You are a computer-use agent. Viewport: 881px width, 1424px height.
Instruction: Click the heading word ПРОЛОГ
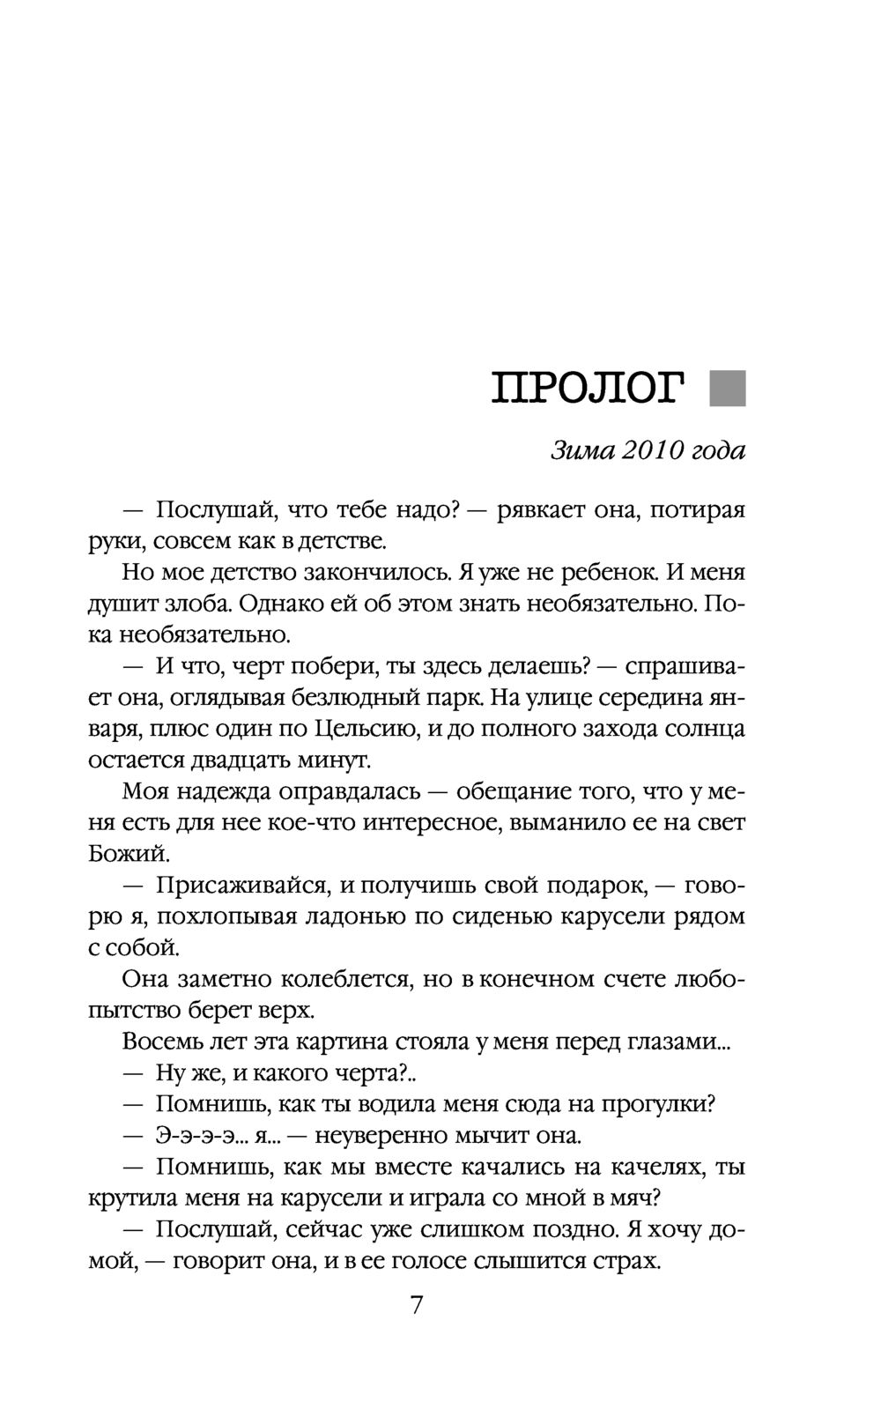coord(589,389)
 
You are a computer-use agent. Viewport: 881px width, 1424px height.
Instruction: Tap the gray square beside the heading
coord(727,388)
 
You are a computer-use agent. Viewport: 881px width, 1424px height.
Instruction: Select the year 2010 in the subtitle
coord(653,451)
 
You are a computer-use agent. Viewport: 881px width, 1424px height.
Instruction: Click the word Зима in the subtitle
coord(581,451)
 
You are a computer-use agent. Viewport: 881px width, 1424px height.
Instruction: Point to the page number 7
coord(417,1304)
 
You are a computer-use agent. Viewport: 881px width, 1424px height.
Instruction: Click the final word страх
coord(626,1261)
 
